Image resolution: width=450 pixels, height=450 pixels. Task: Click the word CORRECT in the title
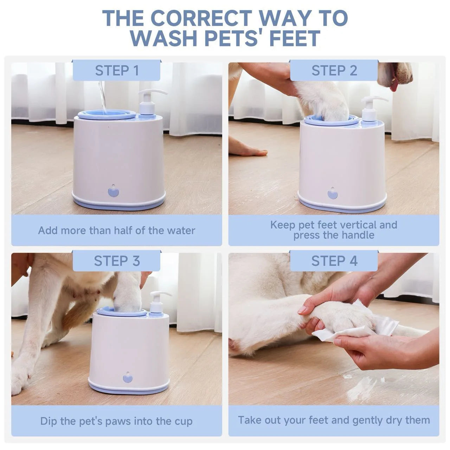click(201, 18)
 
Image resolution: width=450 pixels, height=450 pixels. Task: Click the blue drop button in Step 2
click(332, 194)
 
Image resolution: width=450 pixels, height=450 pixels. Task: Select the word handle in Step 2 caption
click(358, 235)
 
